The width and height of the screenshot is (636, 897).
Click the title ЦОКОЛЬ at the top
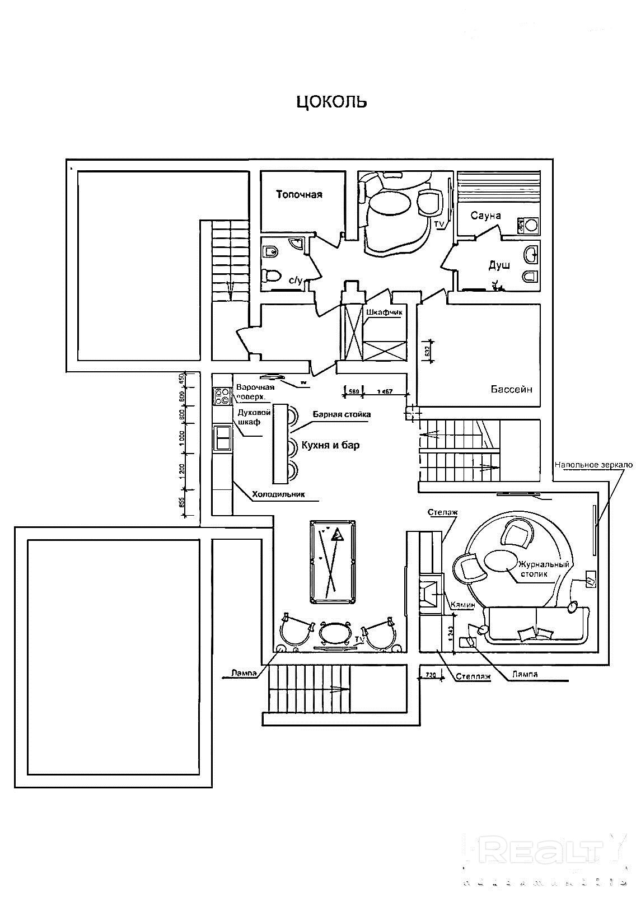(331, 101)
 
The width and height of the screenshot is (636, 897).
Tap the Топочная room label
(299, 195)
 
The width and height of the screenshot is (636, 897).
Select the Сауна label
(485, 216)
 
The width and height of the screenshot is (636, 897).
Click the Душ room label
(499, 265)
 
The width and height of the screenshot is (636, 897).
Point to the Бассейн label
(512, 389)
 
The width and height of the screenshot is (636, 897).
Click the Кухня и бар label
(330, 445)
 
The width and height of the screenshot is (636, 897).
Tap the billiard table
(333, 562)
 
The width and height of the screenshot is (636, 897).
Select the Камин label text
(464, 605)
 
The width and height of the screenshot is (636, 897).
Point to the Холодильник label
(278, 494)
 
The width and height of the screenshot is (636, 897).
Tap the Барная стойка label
(341, 414)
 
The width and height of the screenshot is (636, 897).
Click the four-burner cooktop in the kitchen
(222, 396)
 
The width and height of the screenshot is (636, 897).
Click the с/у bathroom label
(295, 281)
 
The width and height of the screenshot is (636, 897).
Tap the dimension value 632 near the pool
(427, 352)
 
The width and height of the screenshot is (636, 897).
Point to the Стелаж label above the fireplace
(443, 512)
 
